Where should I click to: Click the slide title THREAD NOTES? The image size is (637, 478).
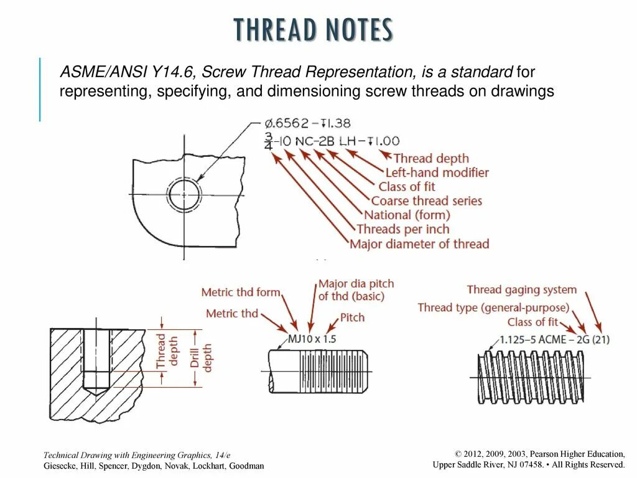[313, 30]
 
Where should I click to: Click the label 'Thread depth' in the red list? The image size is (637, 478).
[431, 159]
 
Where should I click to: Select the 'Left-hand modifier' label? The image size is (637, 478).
[437, 172]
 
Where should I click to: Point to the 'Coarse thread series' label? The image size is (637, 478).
[426, 201]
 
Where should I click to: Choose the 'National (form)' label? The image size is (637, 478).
[407, 215]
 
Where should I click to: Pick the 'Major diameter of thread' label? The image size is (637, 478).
[419, 244]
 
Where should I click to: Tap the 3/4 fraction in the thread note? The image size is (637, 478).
[269, 141]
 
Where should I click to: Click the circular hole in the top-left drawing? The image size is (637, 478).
[184, 194]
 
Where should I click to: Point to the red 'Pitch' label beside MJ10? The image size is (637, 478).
[352, 318]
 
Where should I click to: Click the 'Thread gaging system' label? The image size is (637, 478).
[521, 289]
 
